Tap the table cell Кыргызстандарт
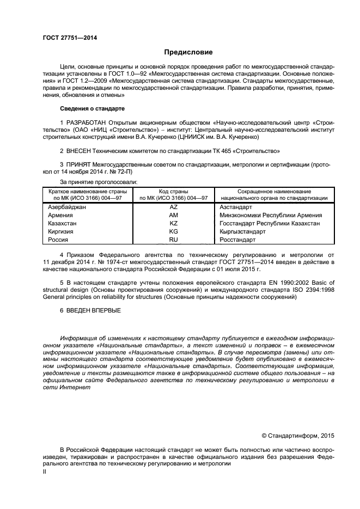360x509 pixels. click(x=242, y=231)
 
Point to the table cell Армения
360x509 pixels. click(x=61, y=215)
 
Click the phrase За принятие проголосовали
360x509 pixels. click(x=99, y=181)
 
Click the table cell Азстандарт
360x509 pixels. click(x=235, y=207)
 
